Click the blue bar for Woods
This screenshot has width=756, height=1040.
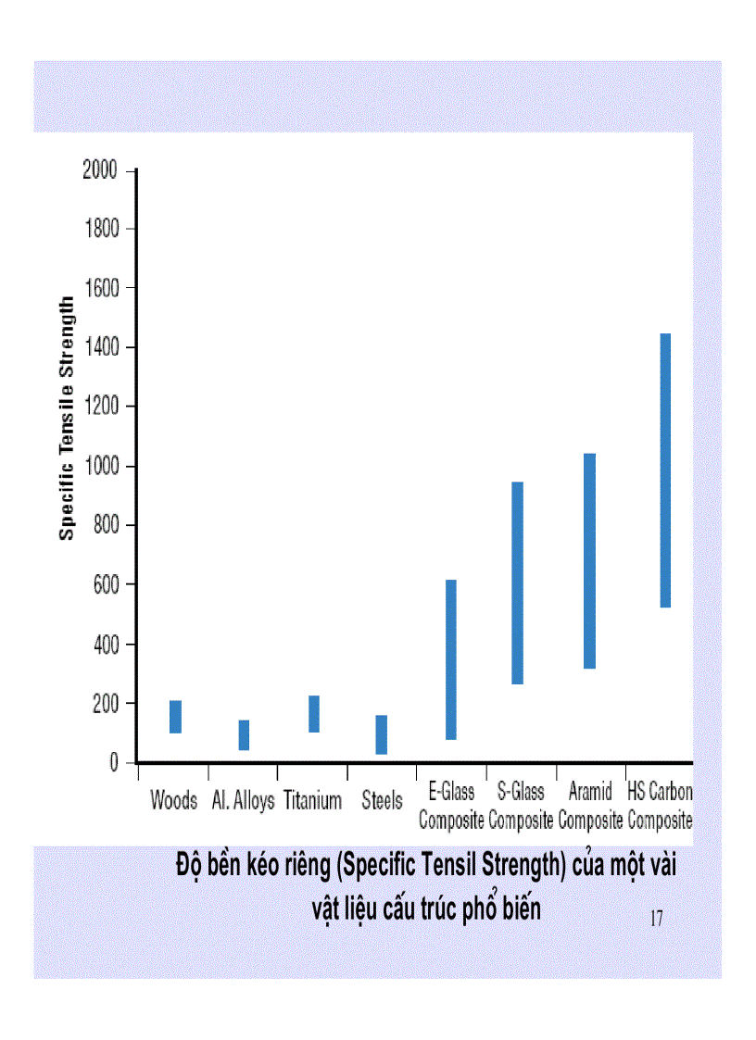pos(175,717)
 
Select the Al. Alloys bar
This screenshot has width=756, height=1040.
pos(244,735)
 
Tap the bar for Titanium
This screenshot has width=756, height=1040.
pos(314,714)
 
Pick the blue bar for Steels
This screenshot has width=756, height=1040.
pos(382,734)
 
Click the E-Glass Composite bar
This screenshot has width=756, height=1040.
pos(451,659)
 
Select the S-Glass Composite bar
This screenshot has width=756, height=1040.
pos(518,583)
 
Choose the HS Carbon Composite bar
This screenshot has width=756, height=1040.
pos(664,470)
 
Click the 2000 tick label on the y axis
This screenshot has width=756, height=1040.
pos(101,170)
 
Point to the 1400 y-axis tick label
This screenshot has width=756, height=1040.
pos(101,348)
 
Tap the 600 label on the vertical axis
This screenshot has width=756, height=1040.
pos(107,585)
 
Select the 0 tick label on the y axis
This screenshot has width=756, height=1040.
pos(115,763)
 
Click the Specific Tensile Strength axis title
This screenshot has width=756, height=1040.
pos(67,418)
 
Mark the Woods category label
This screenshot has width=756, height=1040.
pos(174,801)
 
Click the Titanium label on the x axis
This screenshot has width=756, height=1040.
pos(313,801)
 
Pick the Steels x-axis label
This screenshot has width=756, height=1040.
pos(382,801)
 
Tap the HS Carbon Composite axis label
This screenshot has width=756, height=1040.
pos(661,807)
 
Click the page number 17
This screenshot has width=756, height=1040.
pos(656,919)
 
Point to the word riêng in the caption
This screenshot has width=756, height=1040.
pos(302,869)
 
